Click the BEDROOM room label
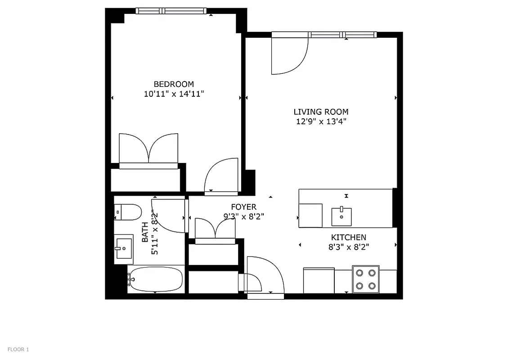pyautogui.click(x=174, y=84)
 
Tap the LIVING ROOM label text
pyautogui.click(x=321, y=112)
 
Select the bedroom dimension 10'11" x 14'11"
pyautogui.click(x=174, y=94)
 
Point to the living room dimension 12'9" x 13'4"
pyautogui.click(x=321, y=121)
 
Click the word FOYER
pyautogui.click(x=243, y=207)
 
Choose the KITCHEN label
pyautogui.click(x=349, y=237)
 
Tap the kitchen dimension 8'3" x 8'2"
pyautogui.click(x=349, y=247)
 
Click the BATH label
pyautogui.click(x=145, y=232)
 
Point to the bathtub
pyautogui.click(x=156, y=280)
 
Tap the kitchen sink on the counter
pyautogui.click(x=342, y=217)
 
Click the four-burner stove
pyautogui.click(x=365, y=279)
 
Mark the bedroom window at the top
pyautogui.click(x=171, y=11)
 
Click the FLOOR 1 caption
pyautogui.click(x=18, y=349)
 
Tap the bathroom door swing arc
pyautogui.click(x=169, y=216)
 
